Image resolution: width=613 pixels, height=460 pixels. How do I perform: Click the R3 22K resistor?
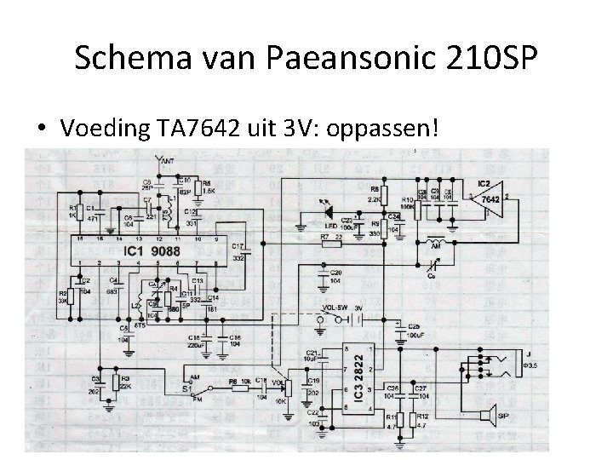click(x=116, y=385)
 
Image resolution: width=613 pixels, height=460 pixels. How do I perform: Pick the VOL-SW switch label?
click(x=335, y=308)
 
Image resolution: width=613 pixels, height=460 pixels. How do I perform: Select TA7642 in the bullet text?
click(x=195, y=129)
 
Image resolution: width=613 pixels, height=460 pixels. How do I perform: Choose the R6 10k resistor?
click(x=240, y=387)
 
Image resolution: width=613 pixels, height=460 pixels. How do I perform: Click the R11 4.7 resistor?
click(x=392, y=421)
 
